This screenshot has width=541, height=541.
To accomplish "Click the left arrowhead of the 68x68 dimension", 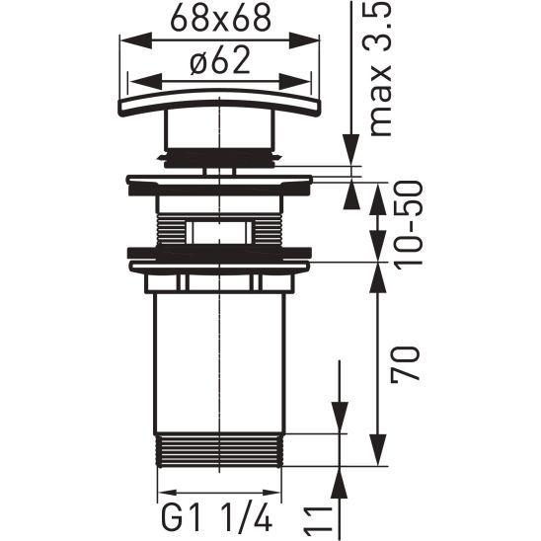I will [126, 40].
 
